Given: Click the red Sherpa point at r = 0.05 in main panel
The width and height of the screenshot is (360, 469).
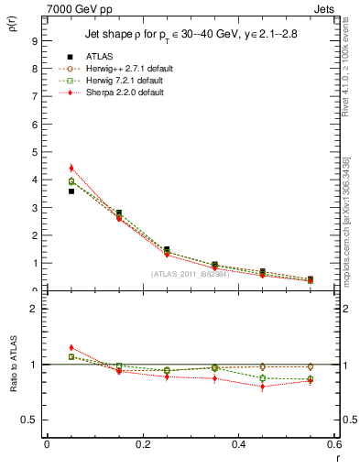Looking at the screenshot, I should coord(71,168).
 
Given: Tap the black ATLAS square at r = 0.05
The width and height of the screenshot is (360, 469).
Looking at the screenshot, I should coord(71,191).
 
